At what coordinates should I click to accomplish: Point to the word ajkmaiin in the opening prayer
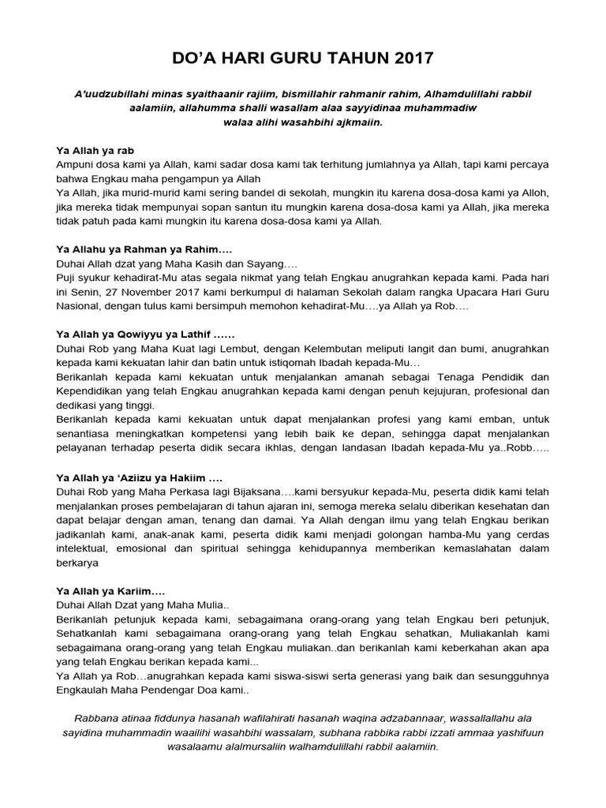click(360, 122)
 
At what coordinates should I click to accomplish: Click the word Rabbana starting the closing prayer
click(96, 718)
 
